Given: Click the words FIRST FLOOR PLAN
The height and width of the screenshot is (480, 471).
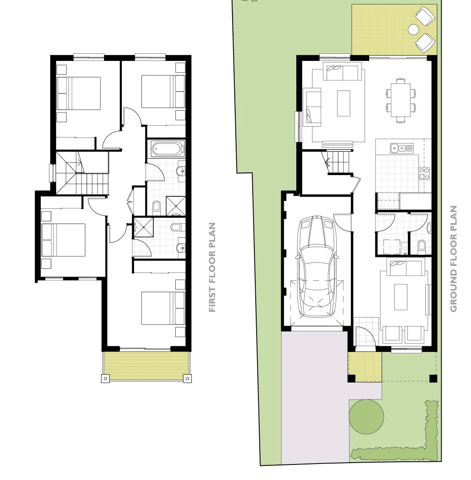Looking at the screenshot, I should point(213,267).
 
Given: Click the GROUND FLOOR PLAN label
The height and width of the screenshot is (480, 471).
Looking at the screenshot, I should point(453,259).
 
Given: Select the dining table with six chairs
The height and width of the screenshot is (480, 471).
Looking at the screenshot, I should point(401,100).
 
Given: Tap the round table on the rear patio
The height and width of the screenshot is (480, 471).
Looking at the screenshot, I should point(414,30).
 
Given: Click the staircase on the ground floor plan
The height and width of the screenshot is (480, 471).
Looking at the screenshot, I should point(338,162).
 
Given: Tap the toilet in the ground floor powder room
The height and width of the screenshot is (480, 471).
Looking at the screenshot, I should point(421,245).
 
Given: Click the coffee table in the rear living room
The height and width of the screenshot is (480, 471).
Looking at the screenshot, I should point(344,103).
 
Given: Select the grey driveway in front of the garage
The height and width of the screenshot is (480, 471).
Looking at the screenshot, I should point(314,396).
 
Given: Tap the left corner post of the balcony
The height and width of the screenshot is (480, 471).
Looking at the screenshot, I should point(105,379).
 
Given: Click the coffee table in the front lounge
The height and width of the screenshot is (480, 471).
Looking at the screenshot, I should point(401,297).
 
